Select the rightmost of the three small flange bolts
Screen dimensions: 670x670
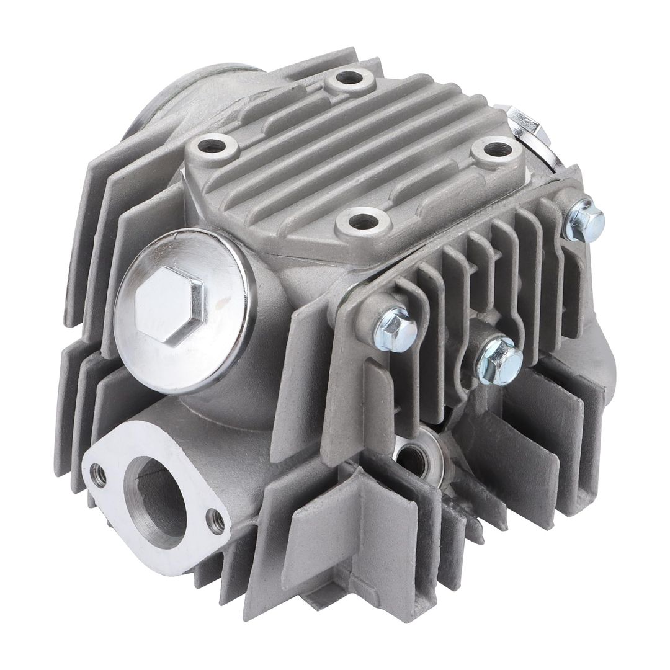click(584, 218)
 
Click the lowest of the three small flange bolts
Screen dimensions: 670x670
click(499, 360)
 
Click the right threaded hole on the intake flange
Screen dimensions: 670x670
click(215, 521)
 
